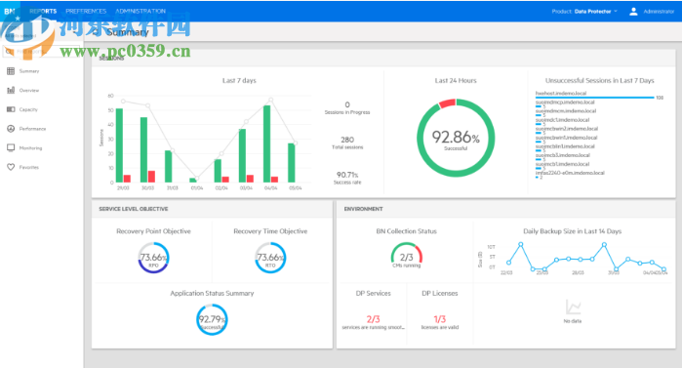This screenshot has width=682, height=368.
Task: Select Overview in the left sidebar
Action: [29, 90]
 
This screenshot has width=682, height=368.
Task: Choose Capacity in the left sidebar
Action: [29, 109]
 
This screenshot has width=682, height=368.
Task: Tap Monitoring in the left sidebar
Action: [30, 147]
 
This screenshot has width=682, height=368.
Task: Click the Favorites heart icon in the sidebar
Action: [11, 167]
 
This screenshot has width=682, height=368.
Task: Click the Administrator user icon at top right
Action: [633, 12]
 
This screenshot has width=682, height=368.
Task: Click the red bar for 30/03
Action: [151, 177]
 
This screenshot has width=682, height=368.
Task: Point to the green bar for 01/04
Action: [193, 180]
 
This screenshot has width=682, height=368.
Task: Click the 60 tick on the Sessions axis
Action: [111, 97]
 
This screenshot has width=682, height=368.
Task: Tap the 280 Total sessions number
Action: [347, 140]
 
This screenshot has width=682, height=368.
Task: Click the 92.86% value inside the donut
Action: [456, 139]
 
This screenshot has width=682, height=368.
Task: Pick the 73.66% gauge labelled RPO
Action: [153, 260]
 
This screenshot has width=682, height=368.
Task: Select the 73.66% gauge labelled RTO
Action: [270, 260]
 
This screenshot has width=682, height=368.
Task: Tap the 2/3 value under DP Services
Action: [372, 318]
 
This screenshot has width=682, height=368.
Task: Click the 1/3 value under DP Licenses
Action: [439, 318]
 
